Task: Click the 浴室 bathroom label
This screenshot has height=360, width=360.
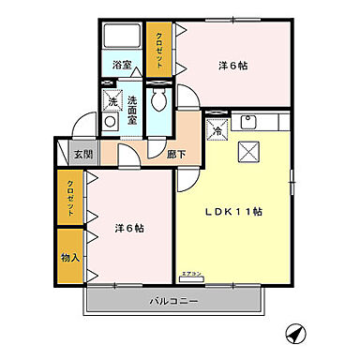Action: pos(122,66)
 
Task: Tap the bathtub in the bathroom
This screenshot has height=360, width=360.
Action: pos(122,37)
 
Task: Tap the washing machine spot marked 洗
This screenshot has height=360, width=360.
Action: pos(112,99)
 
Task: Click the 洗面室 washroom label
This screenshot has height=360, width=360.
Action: pos(132,111)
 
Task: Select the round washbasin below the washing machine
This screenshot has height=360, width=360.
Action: pos(110,121)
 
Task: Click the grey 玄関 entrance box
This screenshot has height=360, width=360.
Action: pos(82,154)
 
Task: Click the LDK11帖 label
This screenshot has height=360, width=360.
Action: pos(234,212)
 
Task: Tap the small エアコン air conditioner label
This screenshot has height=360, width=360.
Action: pos(192,275)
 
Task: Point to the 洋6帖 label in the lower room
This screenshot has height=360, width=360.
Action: pos(130,228)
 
